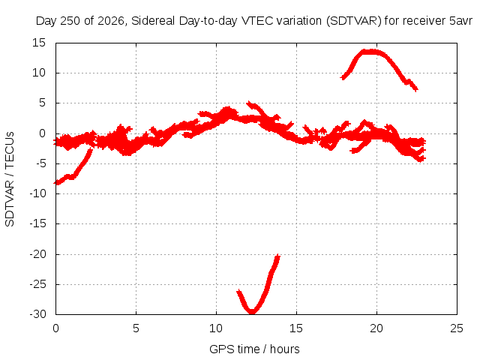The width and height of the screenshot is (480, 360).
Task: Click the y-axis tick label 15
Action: click(39, 43)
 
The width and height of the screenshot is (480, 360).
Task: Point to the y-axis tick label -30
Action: click(38, 314)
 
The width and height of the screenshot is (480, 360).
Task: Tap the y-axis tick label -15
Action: click(38, 223)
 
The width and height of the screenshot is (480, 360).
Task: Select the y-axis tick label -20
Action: click(38, 254)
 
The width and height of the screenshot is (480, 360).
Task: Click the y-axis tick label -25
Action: click(38, 284)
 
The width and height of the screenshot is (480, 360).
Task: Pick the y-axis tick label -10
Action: click(38, 193)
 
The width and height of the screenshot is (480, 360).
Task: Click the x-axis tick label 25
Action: click(457, 328)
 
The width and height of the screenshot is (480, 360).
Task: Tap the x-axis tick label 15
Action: click(296, 328)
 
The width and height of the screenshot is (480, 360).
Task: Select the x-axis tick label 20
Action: click(376, 328)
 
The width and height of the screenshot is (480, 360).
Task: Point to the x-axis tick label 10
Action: click(216, 328)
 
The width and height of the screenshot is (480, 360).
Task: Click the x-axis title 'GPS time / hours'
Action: click(254, 349)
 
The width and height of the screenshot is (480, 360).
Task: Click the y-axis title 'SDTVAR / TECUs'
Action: click(10, 179)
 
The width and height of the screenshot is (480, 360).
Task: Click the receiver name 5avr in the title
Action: click(460, 21)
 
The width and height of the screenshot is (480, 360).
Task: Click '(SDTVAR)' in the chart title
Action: click(353, 21)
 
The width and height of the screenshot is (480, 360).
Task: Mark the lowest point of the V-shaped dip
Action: click(252, 312)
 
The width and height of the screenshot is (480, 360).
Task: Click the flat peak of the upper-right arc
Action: click(371, 52)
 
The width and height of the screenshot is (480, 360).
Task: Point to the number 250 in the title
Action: click(70, 21)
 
